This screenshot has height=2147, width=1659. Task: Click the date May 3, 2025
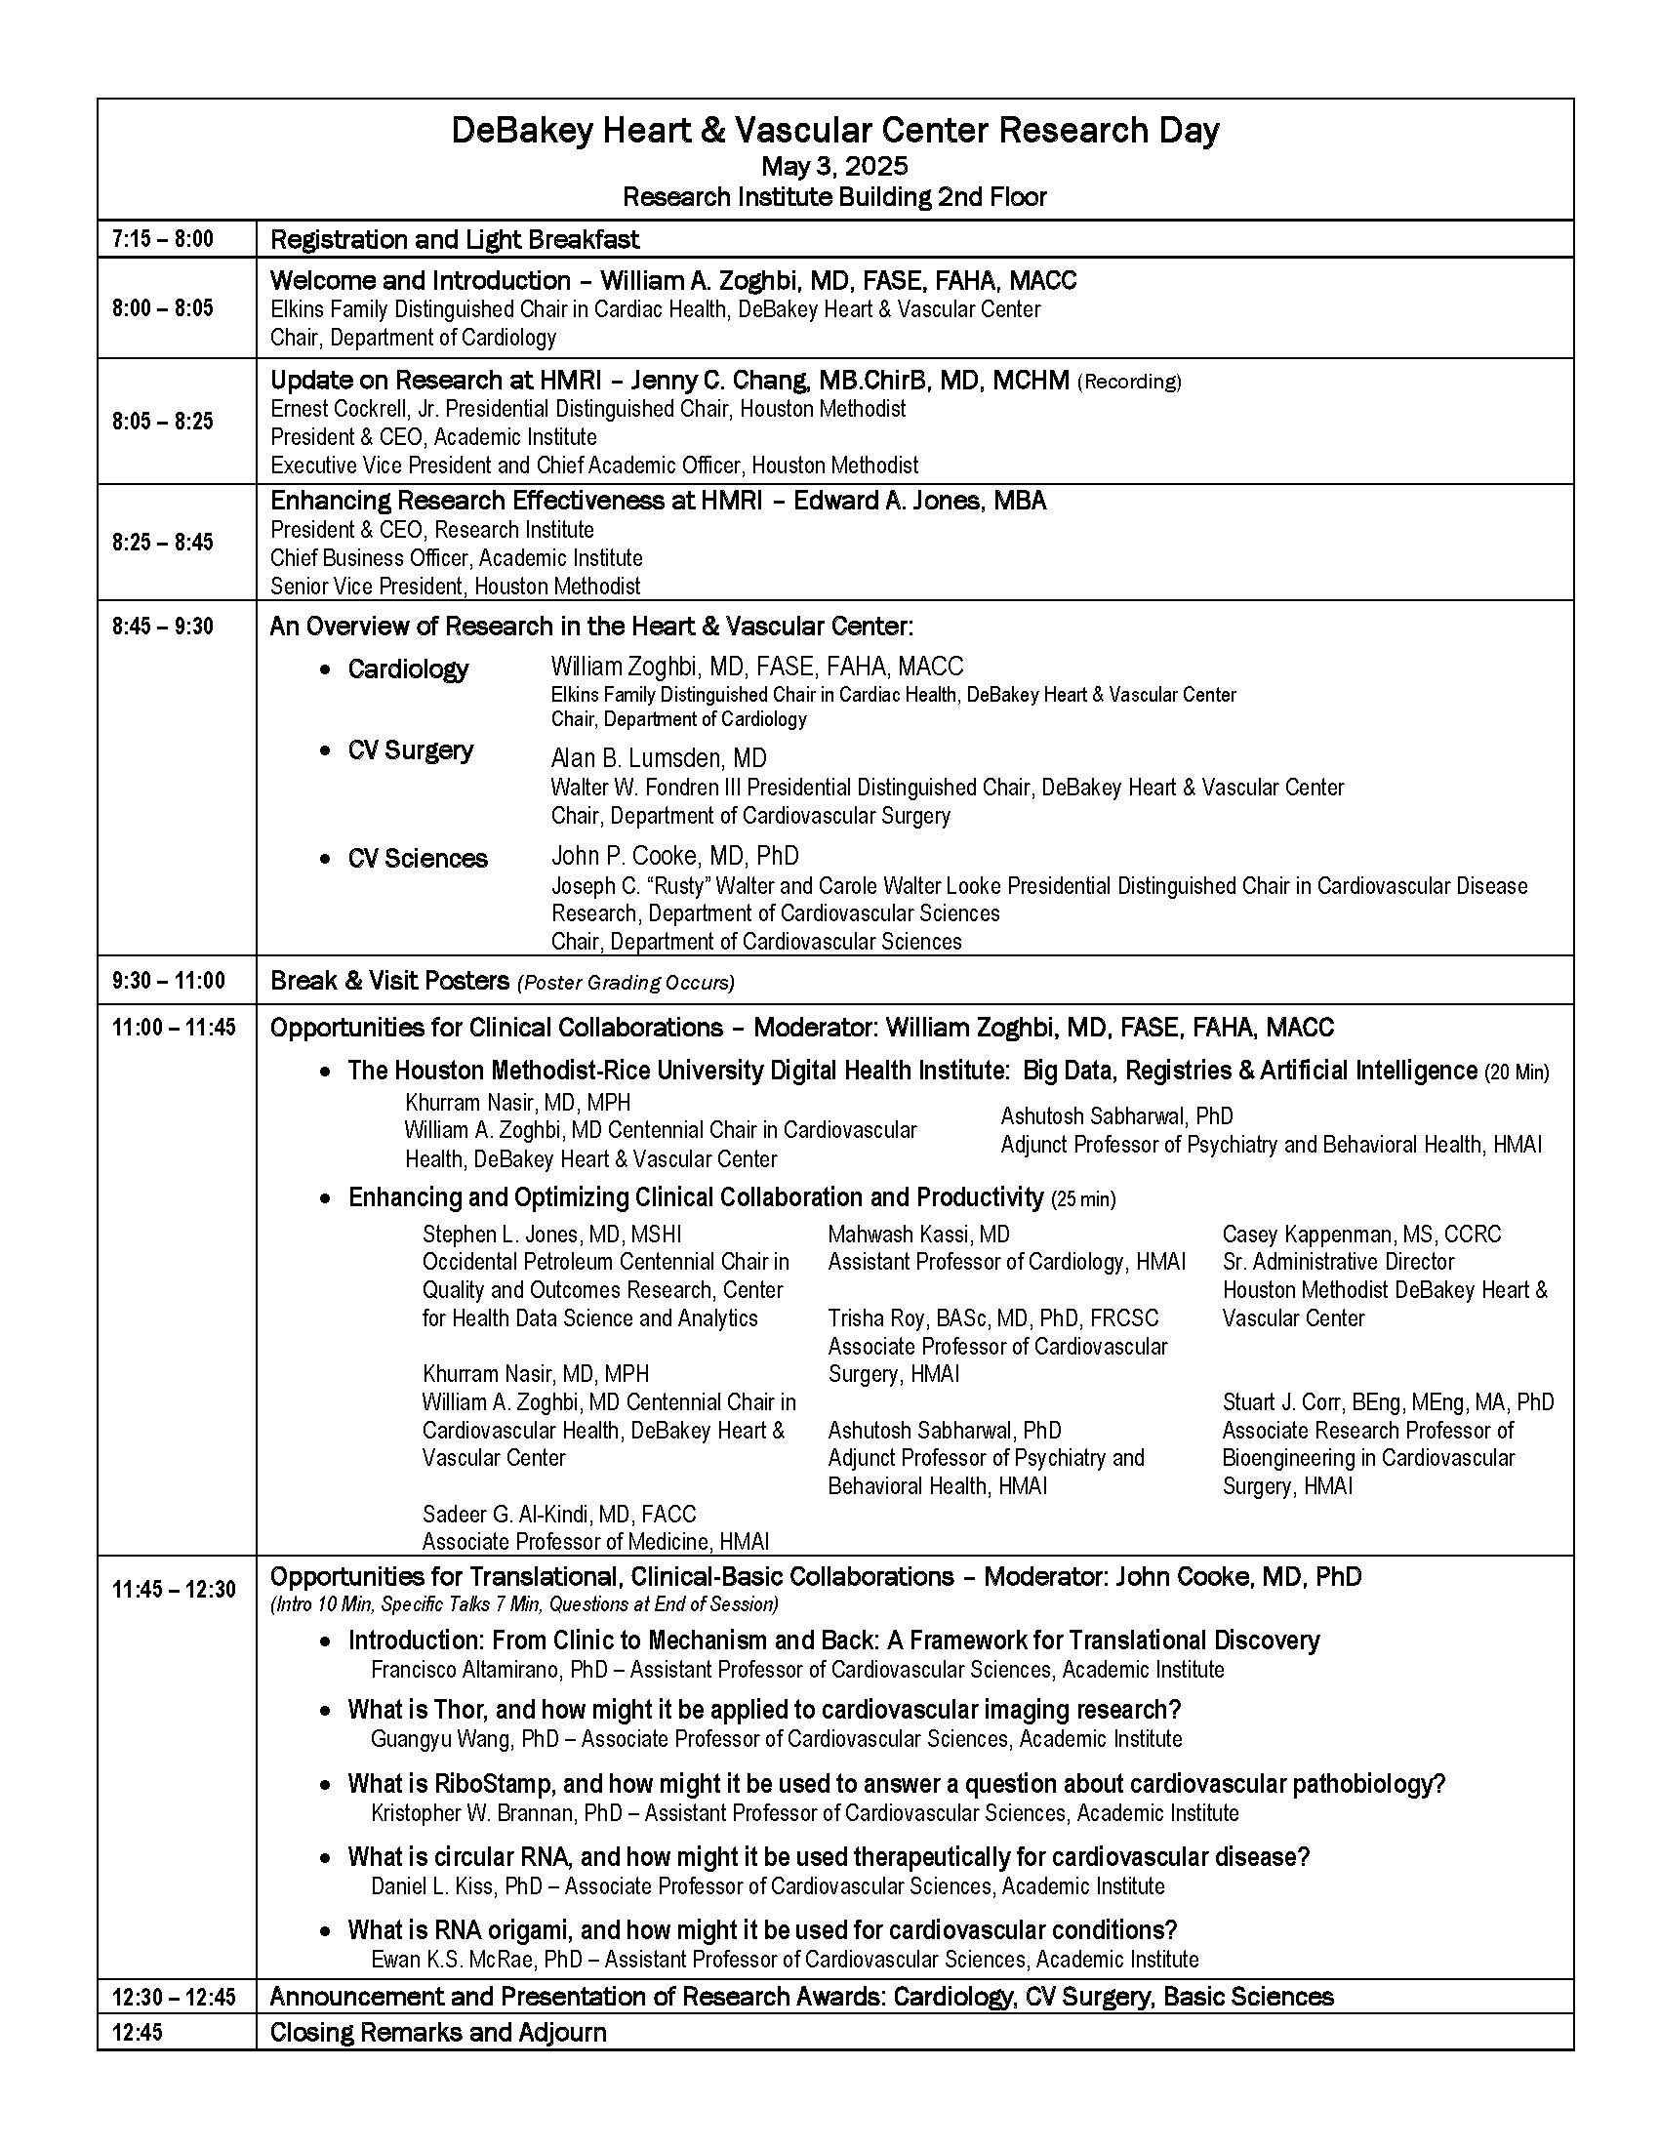click(x=834, y=165)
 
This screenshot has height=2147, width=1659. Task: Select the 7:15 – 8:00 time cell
click(x=162, y=239)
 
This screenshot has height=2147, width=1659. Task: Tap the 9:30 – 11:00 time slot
click(x=168, y=980)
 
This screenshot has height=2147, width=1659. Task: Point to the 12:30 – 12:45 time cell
click(x=174, y=1997)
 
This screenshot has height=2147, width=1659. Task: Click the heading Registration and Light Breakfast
click(x=454, y=239)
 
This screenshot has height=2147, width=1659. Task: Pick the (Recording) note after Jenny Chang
click(x=1129, y=382)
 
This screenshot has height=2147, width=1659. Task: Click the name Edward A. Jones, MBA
click(x=919, y=501)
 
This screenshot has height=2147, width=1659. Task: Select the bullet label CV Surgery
click(x=410, y=750)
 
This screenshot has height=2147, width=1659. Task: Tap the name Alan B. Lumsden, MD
click(x=659, y=758)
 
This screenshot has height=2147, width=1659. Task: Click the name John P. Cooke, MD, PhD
click(x=674, y=855)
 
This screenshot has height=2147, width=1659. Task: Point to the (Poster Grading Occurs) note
click(x=627, y=982)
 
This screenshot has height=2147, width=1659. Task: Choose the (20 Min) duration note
click(x=1517, y=1072)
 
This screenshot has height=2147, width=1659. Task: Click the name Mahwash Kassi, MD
click(x=919, y=1234)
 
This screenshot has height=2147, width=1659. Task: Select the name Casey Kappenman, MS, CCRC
click(x=1361, y=1234)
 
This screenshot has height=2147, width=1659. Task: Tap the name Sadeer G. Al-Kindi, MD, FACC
click(x=558, y=1514)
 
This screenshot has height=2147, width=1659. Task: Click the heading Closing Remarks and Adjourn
click(x=437, y=2032)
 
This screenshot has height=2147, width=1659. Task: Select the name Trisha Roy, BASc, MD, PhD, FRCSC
click(x=992, y=1317)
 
